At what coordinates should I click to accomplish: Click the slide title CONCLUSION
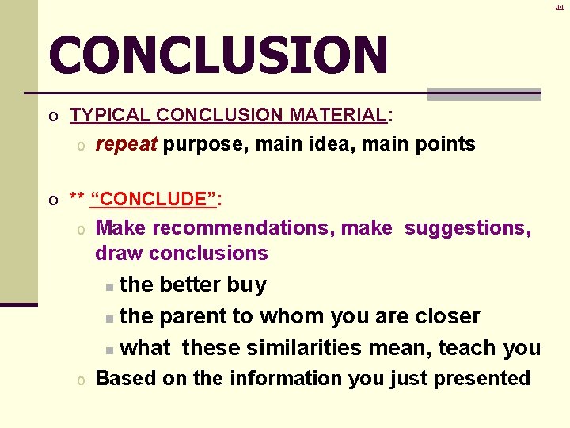218,55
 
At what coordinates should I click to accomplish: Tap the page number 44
559,6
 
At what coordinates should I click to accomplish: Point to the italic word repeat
127,144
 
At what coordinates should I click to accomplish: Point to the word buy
246,285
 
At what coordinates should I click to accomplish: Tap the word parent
192,316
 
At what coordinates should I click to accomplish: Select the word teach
468,348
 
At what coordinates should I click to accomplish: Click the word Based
126,379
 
